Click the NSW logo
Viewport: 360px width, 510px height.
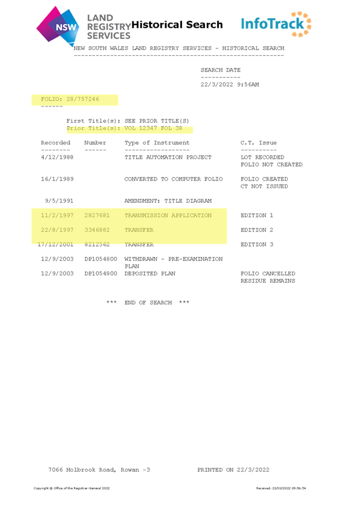58,26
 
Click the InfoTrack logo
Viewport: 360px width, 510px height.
276,24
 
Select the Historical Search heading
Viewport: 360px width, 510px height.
177,25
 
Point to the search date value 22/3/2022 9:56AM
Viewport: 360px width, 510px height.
230,85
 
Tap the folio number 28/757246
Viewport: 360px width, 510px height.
83,99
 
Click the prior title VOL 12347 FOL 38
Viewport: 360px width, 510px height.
153,128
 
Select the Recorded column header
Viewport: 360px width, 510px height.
55,143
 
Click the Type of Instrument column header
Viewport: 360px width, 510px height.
157,143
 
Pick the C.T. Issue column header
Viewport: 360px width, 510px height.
258,143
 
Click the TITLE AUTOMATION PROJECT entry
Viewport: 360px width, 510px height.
168,157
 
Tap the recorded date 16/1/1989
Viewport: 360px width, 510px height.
57,179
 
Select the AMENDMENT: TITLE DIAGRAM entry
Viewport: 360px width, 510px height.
168,201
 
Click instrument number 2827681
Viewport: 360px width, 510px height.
97,215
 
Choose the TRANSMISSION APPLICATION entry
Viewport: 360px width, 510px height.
168,215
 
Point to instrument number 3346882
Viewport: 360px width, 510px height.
97,230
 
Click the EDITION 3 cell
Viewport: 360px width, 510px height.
257,244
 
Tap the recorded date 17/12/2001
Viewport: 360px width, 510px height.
55,244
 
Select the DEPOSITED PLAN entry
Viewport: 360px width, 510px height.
150,274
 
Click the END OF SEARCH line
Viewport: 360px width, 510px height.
148,303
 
